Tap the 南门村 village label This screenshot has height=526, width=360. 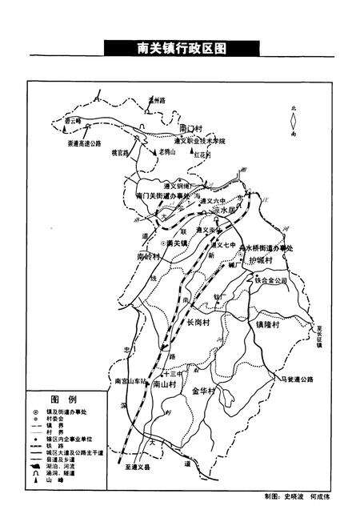pyautogui.click(x=194, y=128)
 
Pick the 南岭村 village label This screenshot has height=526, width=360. pyautogui.click(x=149, y=258)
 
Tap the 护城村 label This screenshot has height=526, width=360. pyautogui.click(x=258, y=261)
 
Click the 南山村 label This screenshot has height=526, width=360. pyautogui.click(x=166, y=384)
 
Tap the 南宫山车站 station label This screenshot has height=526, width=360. pyautogui.click(x=131, y=380)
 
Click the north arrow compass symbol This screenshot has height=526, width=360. pyautogui.click(x=294, y=122)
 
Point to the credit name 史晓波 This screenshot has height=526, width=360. pyautogui.click(x=297, y=496)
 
